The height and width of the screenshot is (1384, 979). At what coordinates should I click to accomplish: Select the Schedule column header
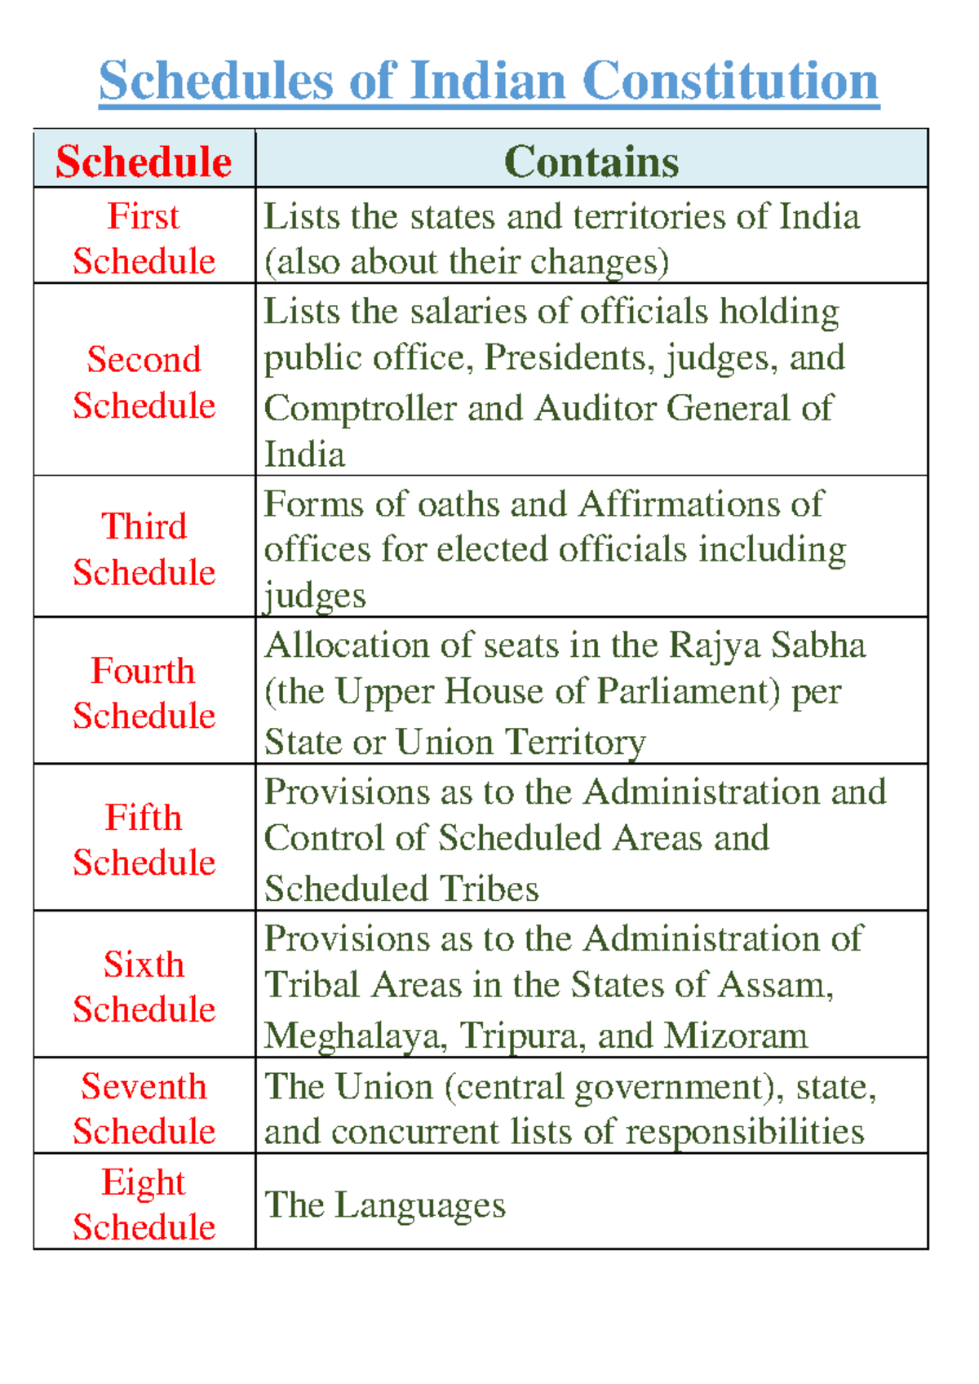[x=144, y=161]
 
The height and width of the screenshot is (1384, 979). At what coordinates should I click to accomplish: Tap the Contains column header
[x=591, y=161]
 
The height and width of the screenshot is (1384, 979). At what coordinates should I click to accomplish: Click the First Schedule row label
[x=144, y=238]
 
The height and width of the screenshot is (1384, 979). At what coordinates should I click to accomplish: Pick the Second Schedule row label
[x=144, y=382]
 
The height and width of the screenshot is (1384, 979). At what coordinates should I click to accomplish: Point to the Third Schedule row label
[x=144, y=548]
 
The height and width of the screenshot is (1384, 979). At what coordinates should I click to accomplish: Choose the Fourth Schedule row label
[x=144, y=693]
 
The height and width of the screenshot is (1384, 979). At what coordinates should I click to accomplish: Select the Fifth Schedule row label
[x=144, y=840]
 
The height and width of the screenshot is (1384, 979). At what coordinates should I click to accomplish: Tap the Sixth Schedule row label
[x=144, y=987]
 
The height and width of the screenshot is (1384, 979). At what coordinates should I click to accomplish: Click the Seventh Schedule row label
[x=144, y=1108]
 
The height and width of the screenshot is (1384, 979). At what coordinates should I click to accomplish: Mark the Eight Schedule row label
[x=144, y=1204]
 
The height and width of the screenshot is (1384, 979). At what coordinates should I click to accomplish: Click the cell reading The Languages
[x=385, y=1205]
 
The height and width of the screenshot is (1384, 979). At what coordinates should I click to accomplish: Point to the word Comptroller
[x=360, y=409]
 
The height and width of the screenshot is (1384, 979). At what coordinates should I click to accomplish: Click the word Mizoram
[x=736, y=1036]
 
